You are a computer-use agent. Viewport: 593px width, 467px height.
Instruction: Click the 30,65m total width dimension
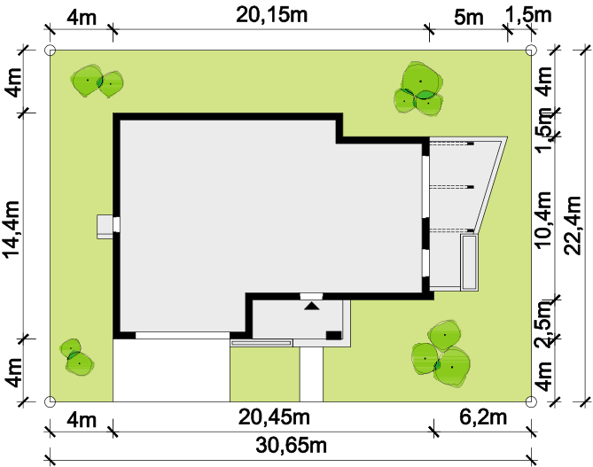pyautogui.click(x=291, y=445)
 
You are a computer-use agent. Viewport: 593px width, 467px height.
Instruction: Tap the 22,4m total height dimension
pyautogui.click(x=572, y=225)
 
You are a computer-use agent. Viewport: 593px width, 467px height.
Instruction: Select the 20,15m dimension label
pyautogui.click(x=271, y=15)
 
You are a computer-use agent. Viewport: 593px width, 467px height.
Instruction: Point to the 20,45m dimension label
pyautogui.click(x=274, y=417)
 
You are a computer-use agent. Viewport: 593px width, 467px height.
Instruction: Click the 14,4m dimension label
pyautogui.click(x=12, y=230)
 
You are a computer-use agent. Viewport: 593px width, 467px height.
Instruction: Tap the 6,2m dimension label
pyautogui.click(x=483, y=417)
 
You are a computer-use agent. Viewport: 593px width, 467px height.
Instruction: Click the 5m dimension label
pyautogui.click(x=469, y=18)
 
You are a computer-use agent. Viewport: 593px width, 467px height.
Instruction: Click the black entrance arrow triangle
pyautogui.click(x=312, y=306)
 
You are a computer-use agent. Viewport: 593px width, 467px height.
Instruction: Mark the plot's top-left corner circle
pyautogui.click(x=50, y=50)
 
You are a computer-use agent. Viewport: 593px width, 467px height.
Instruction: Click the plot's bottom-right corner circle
pyautogui.click(x=531, y=401)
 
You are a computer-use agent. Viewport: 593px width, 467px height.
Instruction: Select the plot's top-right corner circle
pyautogui.click(x=531, y=50)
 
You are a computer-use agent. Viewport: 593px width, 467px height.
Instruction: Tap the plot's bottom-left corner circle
pyautogui.click(x=50, y=401)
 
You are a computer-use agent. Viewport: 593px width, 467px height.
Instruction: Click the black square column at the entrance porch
pyautogui.click(x=333, y=335)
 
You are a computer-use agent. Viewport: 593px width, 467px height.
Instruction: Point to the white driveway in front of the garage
pyautogui.click(x=171, y=370)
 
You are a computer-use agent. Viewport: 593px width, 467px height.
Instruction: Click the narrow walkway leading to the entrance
pyautogui.click(x=312, y=374)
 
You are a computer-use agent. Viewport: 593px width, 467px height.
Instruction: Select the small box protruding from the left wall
pyautogui.click(x=105, y=227)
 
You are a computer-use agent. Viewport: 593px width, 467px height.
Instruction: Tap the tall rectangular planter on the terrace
pyautogui.click(x=469, y=262)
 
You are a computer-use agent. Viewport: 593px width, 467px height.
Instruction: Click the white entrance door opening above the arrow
pyautogui.click(x=311, y=296)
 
